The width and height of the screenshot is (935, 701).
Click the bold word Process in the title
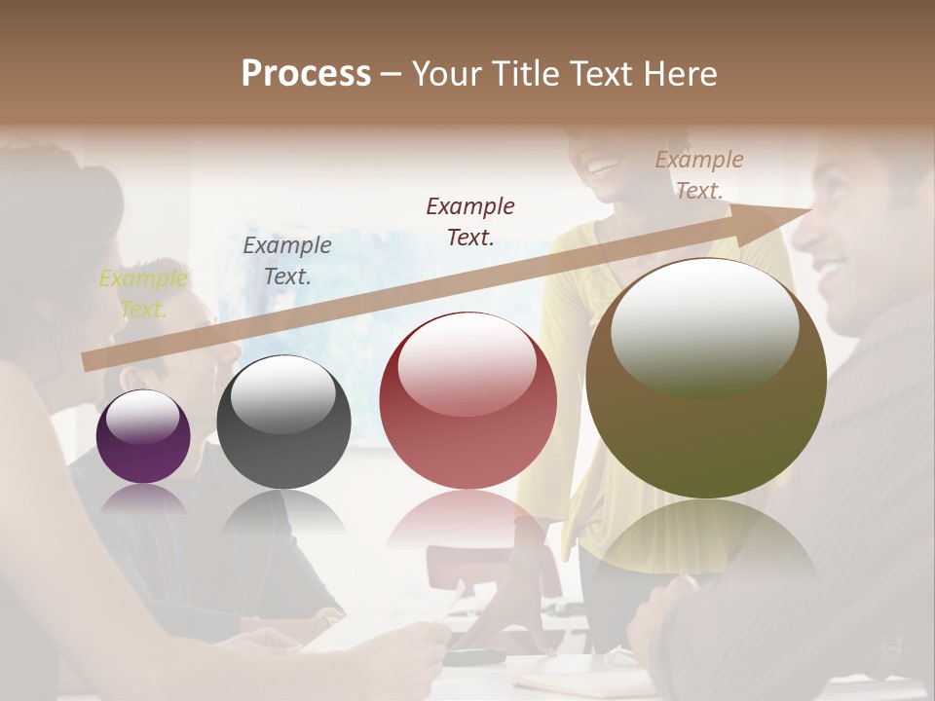[306, 74]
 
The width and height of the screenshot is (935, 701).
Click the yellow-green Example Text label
[142, 294]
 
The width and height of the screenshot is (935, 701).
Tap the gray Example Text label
[286, 261]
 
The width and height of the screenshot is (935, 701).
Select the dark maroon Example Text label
[470, 221]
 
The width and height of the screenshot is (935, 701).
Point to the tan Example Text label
[698, 175]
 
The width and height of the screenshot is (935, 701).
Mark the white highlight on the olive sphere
[704, 326]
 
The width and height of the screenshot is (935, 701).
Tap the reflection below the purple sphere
[144, 500]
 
